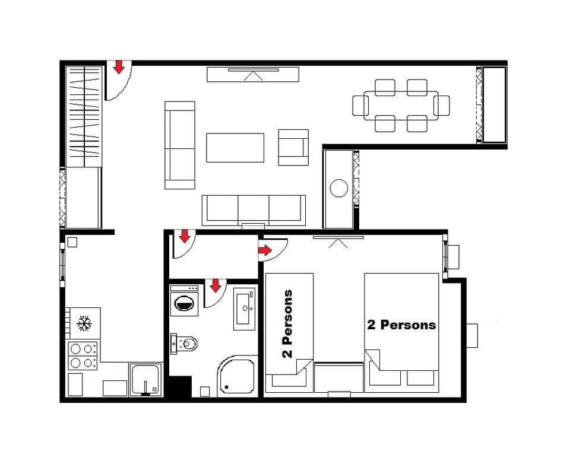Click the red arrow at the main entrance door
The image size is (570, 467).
click(119, 67)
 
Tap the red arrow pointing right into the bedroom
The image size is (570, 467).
click(265, 252)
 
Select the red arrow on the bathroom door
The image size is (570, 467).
click(215, 285)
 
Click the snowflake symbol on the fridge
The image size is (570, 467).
click(84, 324)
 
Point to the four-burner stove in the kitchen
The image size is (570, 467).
click(83, 355)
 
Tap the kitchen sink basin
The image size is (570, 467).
click(145, 380)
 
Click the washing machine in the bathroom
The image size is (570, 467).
click(185, 300)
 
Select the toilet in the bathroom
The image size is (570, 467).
click(186, 343)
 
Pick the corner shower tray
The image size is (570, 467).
click(237, 376)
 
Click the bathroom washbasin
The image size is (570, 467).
click(245, 308)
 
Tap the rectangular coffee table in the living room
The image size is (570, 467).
click(235, 148)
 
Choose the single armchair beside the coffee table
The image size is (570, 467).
click(293, 147)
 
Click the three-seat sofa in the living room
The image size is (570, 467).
click(254, 210)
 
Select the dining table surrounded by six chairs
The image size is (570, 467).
click(401, 106)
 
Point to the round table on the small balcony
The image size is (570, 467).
click(339, 188)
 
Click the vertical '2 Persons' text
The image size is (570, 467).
click(287, 324)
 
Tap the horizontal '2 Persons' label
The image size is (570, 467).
click(401, 325)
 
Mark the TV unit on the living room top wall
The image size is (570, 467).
click(253, 74)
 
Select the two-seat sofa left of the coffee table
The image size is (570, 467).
click(180, 145)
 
